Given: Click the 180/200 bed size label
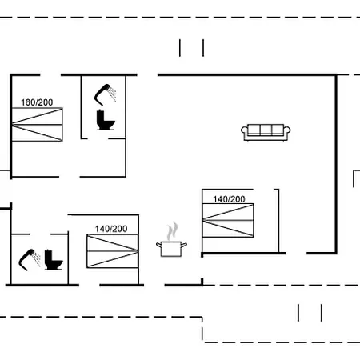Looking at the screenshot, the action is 37,102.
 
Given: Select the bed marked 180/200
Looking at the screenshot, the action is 37,124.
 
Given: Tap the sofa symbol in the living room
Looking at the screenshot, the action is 266,132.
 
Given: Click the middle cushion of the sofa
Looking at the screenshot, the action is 266,130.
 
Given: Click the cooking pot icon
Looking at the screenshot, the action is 171,249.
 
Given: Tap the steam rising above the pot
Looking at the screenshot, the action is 172,231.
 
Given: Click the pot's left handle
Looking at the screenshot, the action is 159,245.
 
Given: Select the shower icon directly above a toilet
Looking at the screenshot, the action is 105,94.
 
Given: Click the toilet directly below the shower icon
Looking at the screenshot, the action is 106,120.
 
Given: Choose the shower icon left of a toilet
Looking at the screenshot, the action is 29,259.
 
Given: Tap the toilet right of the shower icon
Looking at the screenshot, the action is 54,260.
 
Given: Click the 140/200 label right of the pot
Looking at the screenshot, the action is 229,199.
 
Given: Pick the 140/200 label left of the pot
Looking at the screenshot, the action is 111,229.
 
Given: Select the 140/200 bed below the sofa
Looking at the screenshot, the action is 228,220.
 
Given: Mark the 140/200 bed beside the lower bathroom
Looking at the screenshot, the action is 113,251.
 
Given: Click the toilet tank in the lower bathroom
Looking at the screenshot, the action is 48,255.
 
